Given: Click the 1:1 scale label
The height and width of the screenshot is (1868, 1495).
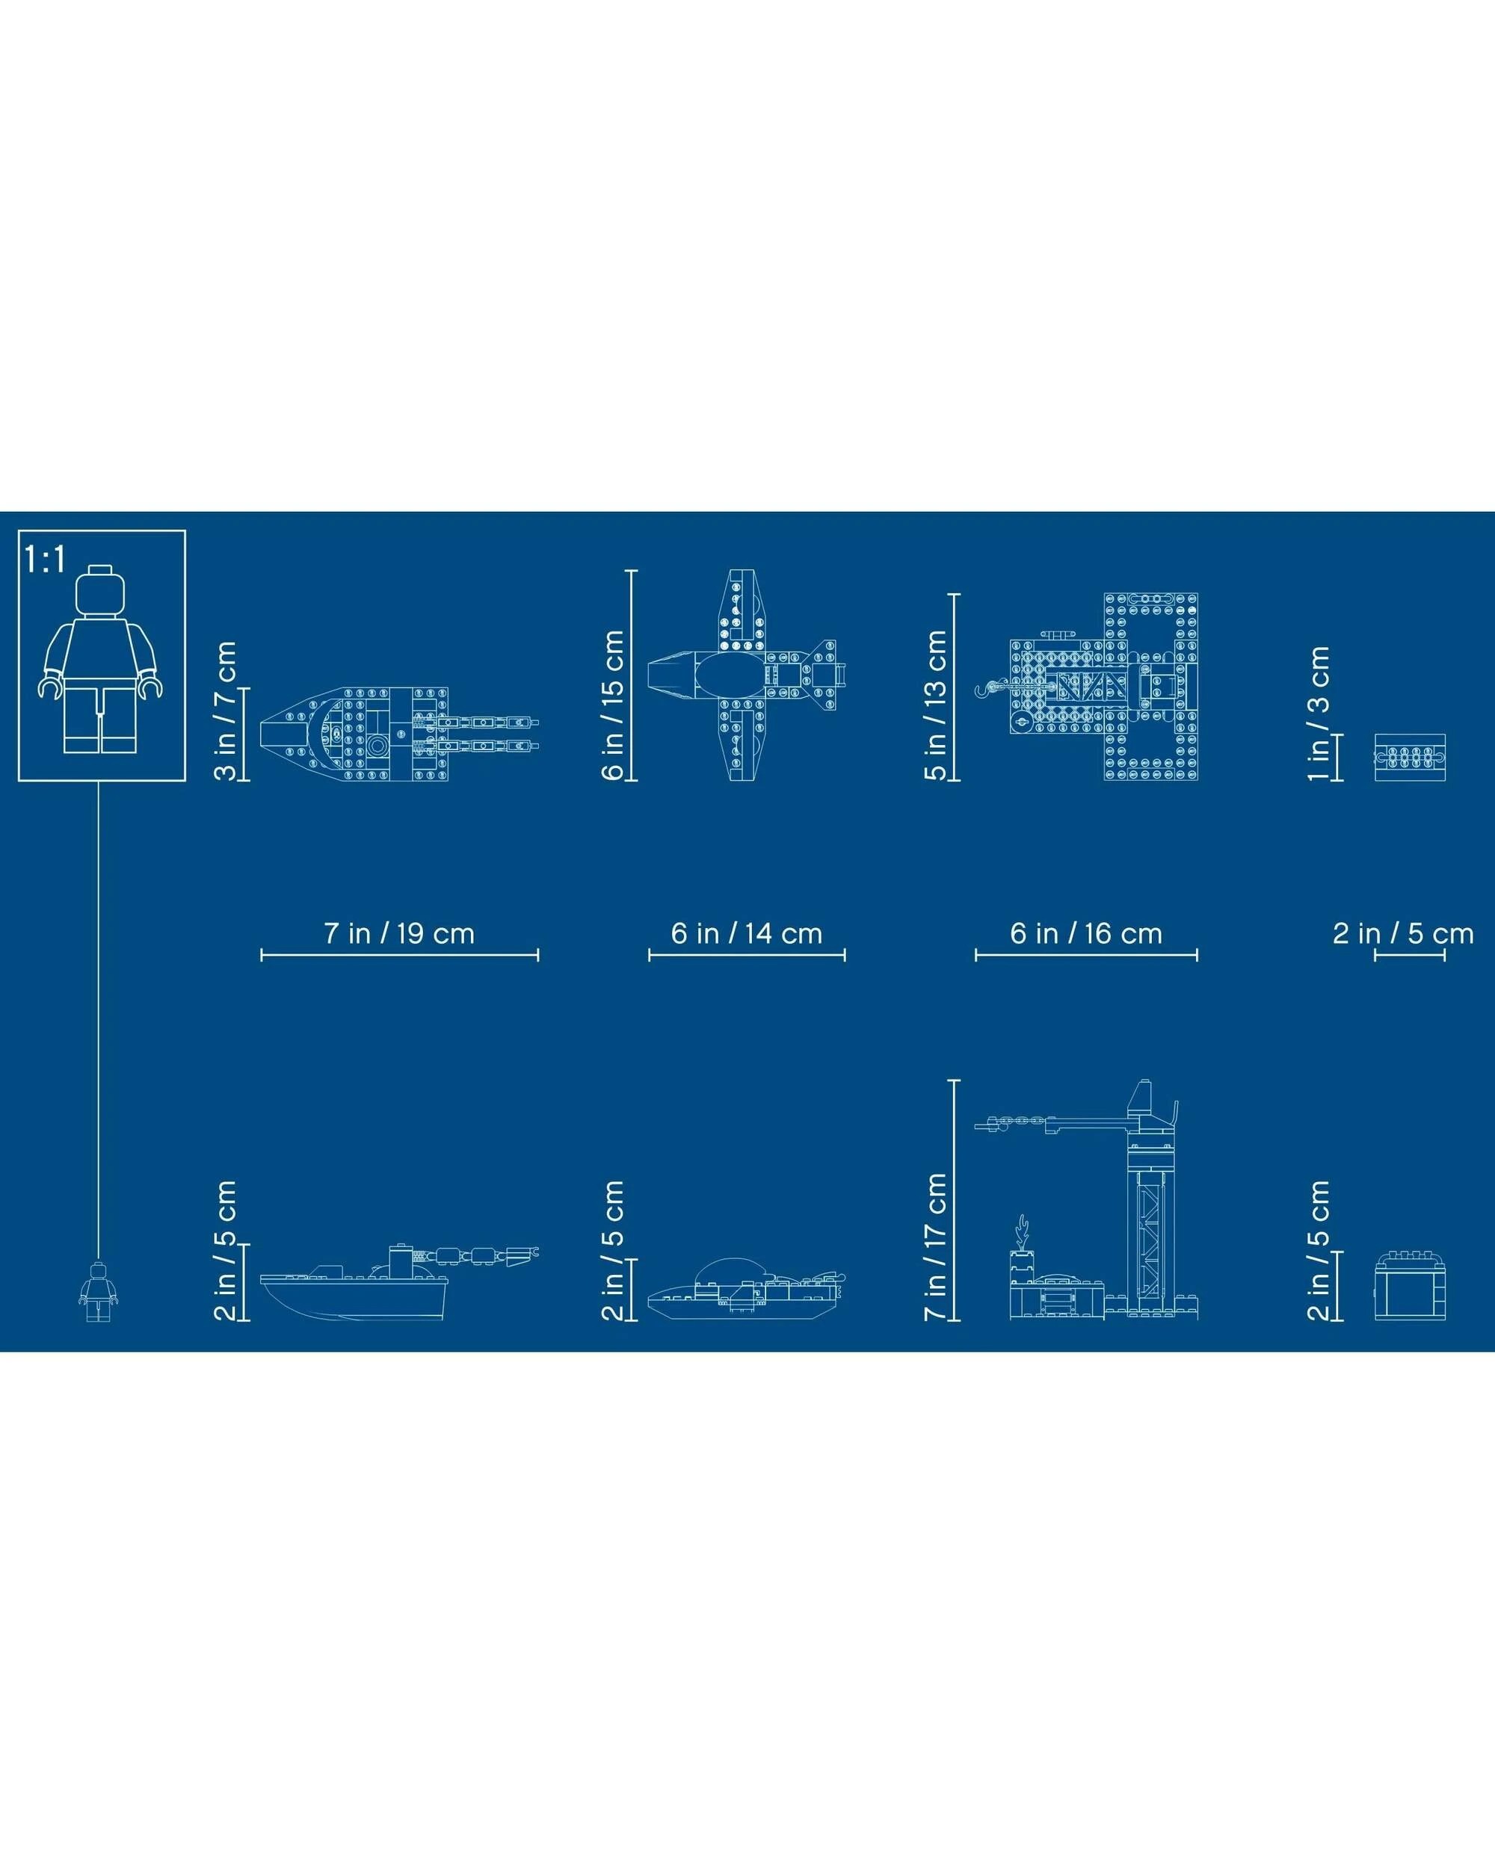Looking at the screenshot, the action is click(45, 560).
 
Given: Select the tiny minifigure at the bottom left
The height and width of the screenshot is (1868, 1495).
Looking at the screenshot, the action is click(98, 1292).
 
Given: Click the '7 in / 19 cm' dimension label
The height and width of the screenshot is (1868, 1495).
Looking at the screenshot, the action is click(399, 933).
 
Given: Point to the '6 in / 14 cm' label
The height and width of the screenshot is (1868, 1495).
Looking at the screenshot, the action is click(746, 933).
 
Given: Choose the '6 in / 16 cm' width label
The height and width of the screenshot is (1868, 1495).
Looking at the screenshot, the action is click(1086, 933).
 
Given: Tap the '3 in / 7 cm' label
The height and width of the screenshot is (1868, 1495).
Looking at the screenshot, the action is click(225, 711).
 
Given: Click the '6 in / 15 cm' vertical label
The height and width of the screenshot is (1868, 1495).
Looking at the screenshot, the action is click(613, 705).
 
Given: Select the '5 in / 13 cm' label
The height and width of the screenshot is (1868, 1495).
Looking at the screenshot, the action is click(936, 705).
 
